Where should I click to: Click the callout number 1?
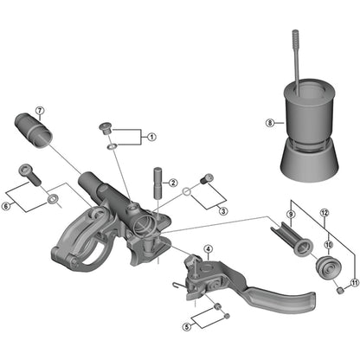(151, 137)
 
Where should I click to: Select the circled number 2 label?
(173, 183)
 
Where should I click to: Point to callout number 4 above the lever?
(208, 249)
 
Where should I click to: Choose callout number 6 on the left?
(7, 204)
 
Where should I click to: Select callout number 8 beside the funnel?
(269, 123)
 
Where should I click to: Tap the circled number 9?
(291, 214)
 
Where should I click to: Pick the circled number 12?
(325, 213)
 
